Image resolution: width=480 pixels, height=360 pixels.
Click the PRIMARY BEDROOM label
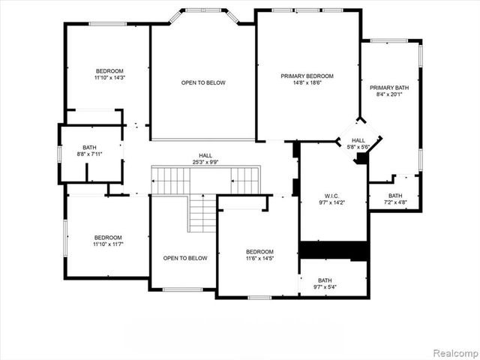[x=307, y=76]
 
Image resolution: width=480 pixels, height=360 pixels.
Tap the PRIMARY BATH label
[x=389, y=87]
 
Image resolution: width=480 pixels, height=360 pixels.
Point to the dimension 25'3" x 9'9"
[x=205, y=161]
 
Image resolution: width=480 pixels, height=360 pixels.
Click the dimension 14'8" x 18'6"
[x=307, y=83]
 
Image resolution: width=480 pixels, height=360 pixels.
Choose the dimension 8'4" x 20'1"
[x=389, y=94]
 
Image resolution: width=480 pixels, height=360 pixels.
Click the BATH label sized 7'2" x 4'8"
[x=395, y=195]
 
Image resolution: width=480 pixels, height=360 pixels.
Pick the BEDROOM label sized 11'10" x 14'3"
[x=109, y=70]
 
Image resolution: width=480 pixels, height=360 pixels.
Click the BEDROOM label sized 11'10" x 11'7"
[x=108, y=238]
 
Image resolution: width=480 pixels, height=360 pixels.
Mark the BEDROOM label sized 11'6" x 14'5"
[x=260, y=252]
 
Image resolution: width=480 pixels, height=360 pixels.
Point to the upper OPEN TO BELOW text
[x=202, y=82]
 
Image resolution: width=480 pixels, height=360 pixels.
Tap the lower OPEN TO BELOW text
[x=185, y=259]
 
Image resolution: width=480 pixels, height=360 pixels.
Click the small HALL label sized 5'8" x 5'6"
[x=358, y=140]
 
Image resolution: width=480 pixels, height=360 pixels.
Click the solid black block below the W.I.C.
[x=333, y=250]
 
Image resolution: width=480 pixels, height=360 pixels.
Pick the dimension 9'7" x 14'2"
[x=333, y=202]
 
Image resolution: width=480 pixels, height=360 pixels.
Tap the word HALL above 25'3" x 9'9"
[x=205, y=154]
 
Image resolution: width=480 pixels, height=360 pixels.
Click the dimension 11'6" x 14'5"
[x=260, y=259]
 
